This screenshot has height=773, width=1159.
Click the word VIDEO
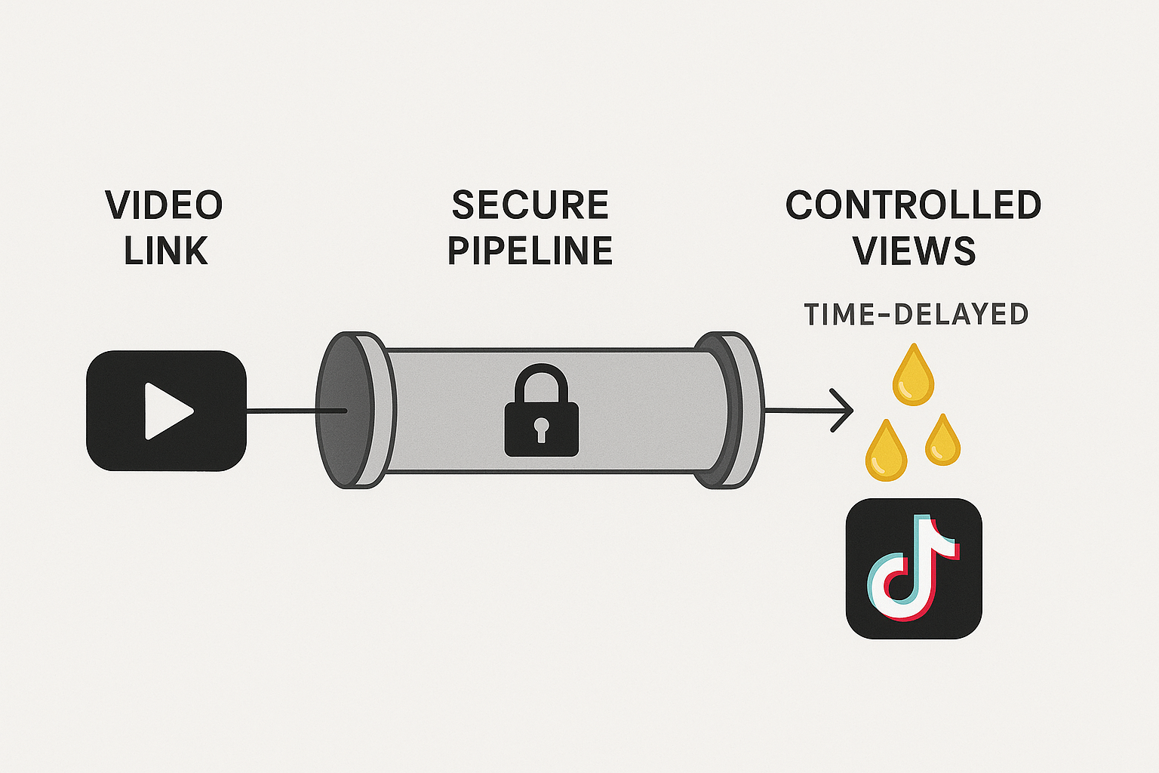tap(164, 205)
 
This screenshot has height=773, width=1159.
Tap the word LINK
tap(166, 251)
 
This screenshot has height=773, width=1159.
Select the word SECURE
tap(530, 205)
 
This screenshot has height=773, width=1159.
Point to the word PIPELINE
tap(530, 251)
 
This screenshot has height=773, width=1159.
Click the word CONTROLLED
tap(913, 205)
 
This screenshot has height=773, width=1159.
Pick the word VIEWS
tap(915, 251)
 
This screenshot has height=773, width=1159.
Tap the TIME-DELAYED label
tap(916, 314)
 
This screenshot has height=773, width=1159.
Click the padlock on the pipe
tap(541, 427)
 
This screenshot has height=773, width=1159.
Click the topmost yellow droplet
tap(913, 377)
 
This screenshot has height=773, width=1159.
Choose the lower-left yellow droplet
tap(886, 453)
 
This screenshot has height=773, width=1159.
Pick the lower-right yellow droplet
tap(942, 442)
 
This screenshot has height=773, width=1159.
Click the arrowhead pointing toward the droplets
tap(845, 411)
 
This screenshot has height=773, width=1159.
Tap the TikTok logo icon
tap(914, 568)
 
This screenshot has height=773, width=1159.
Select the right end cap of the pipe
tap(736, 411)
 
